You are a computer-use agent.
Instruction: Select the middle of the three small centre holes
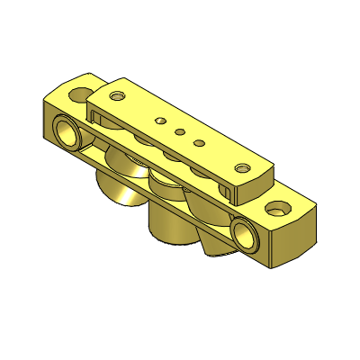[x=179, y=131]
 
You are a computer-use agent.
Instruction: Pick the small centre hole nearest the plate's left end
[x=160, y=119]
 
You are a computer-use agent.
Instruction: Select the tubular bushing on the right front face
[x=243, y=233]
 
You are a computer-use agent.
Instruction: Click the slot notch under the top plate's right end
[x=229, y=193]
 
